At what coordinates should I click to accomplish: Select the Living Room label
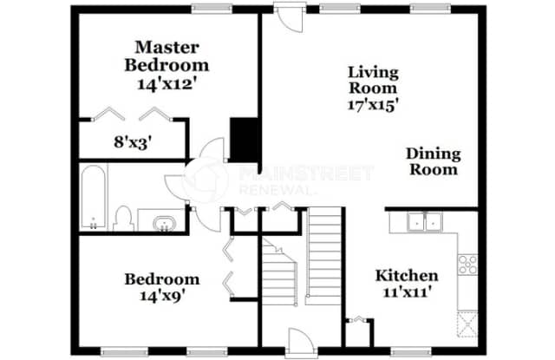point(373,79)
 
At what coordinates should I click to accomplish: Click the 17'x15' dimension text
point(373,104)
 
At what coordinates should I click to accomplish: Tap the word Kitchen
point(406,276)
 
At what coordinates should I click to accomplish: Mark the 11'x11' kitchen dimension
point(406,294)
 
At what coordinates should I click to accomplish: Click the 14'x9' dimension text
point(162,296)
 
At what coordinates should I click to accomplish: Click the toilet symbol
point(124,216)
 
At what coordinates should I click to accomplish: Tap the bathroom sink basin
point(164,225)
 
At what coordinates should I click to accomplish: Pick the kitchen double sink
point(425,222)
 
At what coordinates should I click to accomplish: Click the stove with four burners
point(467,264)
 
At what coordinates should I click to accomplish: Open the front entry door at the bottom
point(298,342)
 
